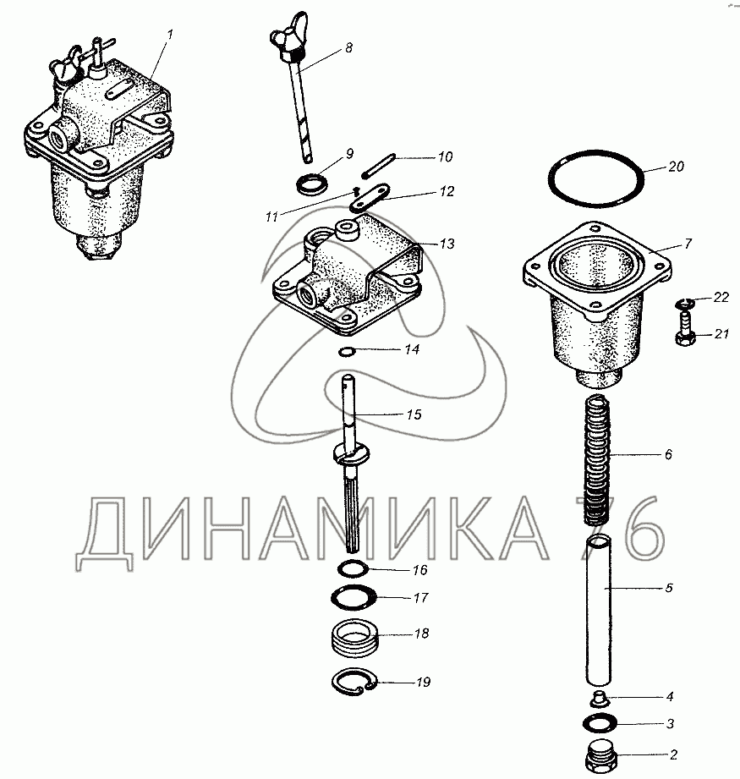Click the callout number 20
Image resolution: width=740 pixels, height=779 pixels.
pos(676,167)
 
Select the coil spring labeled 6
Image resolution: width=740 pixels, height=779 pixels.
pos(597,459)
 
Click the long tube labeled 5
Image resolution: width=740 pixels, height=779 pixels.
pos(599,611)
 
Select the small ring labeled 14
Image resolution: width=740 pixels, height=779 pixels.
pos(346,352)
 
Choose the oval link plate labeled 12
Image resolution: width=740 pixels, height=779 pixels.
pos(370,198)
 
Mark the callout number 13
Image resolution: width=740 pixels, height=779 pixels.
pos(447,244)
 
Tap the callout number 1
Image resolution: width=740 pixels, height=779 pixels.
pos(170,35)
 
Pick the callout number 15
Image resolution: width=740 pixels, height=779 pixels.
pos(414,414)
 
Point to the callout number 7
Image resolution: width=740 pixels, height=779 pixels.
pos(688,244)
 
